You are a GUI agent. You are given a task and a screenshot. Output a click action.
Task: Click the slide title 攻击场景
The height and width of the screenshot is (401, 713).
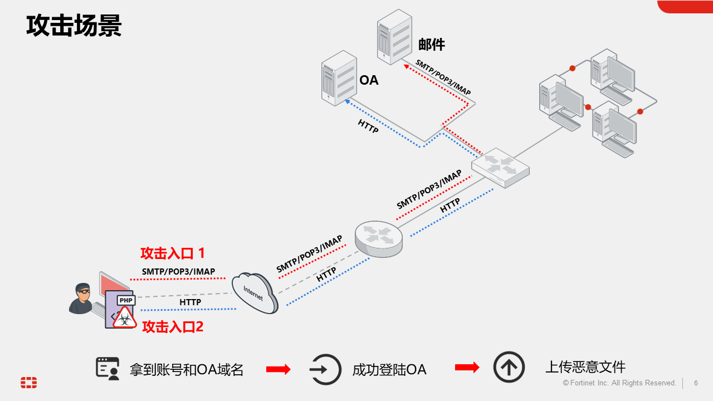pyautogui.click(x=74, y=27)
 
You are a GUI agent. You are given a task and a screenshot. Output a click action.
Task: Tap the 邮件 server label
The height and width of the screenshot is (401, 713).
pyautogui.click(x=432, y=45)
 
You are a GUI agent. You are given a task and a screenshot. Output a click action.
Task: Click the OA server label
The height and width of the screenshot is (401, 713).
pyautogui.click(x=369, y=80)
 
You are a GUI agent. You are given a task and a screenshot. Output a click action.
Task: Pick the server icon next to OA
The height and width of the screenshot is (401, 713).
pyautogui.click(x=339, y=78)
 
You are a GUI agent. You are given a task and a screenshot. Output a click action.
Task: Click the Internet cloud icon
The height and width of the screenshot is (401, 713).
pyautogui.click(x=255, y=292)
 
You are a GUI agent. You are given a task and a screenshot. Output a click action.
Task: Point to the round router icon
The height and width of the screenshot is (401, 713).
pyautogui.click(x=379, y=239)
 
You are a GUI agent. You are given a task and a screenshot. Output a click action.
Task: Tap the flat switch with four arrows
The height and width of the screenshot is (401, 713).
pyautogui.click(x=500, y=167)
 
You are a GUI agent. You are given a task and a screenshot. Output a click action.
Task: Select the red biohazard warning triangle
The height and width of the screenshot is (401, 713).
pyautogui.click(x=125, y=317)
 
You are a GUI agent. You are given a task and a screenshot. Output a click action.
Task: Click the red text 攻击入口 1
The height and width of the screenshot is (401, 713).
pyautogui.click(x=173, y=253)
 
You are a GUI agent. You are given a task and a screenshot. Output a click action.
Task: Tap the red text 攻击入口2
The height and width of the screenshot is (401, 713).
pyautogui.click(x=173, y=327)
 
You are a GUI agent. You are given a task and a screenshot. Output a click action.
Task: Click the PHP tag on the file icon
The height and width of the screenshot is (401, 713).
pyautogui.click(x=126, y=300)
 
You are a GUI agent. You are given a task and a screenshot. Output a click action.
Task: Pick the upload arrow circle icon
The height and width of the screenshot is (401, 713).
pyautogui.click(x=509, y=367)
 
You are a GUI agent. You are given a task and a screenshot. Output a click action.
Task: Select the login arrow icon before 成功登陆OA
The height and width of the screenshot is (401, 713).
pyautogui.click(x=325, y=369)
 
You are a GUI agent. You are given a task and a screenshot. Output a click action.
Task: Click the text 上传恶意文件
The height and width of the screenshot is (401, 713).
pyautogui.click(x=585, y=367)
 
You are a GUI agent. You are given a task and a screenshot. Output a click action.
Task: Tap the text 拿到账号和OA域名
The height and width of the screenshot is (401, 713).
pyautogui.click(x=187, y=369)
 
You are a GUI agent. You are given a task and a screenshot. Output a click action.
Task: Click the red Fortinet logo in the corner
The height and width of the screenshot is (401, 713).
pyautogui.click(x=29, y=383)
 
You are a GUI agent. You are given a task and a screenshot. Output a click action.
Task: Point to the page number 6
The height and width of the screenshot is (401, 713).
pyautogui.click(x=696, y=383)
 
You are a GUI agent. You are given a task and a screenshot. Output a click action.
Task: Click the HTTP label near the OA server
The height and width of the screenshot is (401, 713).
pyautogui.click(x=368, y=126)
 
